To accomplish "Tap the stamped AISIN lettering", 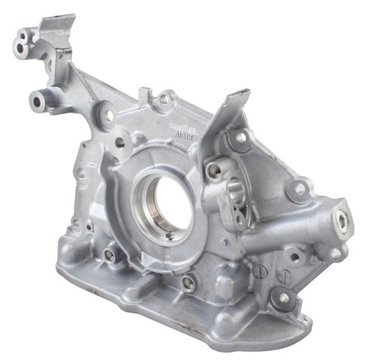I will click(x=181, y=127).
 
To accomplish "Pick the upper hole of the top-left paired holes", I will click(x=29, y=37).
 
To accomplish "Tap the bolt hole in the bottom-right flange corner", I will click(x=284, y=298).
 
